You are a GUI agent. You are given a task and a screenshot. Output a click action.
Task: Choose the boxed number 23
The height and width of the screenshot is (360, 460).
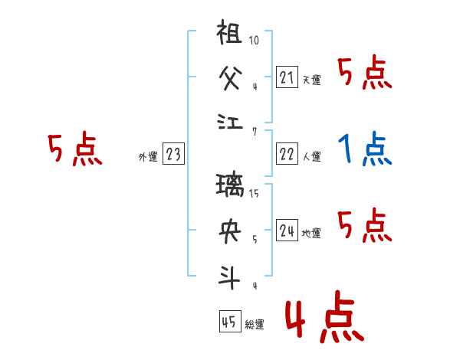(x=173, y=155)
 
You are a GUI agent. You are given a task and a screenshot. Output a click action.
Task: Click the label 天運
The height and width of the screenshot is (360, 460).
(x=311, y=80)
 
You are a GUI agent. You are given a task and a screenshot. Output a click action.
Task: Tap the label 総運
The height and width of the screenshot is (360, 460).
(x=255, y=325)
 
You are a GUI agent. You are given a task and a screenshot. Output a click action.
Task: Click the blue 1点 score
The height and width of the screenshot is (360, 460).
(x=364, y=149)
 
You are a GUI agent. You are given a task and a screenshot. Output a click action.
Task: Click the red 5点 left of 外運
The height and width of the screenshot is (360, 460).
(x=74, y=150)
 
